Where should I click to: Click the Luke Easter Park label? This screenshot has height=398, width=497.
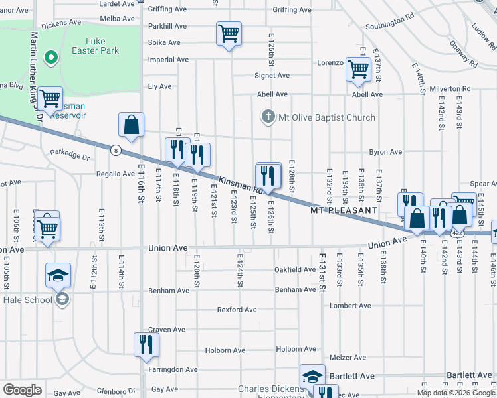click(x=87, y=45)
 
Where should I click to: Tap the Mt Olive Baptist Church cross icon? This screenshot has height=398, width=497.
click(x=268, y=117)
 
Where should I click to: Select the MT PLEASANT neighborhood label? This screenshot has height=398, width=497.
click(x=344, y=210)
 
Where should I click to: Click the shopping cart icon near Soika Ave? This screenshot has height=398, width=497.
click(x=229, y=33)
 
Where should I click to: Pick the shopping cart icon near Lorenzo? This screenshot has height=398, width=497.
click(x=358, y=69)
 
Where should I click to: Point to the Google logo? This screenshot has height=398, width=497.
click(x=22, y=390)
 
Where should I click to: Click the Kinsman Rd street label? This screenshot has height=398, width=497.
click(x=237, y=184)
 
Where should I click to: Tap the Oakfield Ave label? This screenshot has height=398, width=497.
click(x=295, y=270)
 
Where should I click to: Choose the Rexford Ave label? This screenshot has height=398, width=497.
click(x=237, y=310)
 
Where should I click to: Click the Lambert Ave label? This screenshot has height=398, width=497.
click(x=349, y=306)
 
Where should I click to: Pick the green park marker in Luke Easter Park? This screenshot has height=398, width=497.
click(x=50, y=58)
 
